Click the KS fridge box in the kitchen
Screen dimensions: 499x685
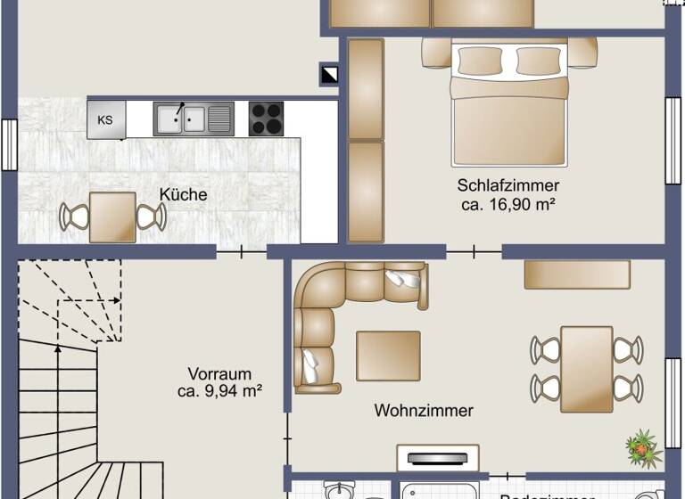106,119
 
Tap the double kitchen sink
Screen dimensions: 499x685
193,119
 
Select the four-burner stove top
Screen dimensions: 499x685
266,119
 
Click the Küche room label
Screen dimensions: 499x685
183,194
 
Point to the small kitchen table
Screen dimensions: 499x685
112,217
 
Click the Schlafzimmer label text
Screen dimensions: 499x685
508,185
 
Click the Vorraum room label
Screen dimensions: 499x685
219,373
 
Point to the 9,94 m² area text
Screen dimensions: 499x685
219,390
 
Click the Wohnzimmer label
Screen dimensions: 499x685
423,411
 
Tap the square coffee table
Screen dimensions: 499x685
388,356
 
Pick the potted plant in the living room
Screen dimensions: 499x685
643,446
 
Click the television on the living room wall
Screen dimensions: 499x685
437,459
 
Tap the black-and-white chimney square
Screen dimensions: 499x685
330,75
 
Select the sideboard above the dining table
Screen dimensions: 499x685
577,274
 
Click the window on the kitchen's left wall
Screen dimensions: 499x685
9,143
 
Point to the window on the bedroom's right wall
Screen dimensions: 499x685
673,140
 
